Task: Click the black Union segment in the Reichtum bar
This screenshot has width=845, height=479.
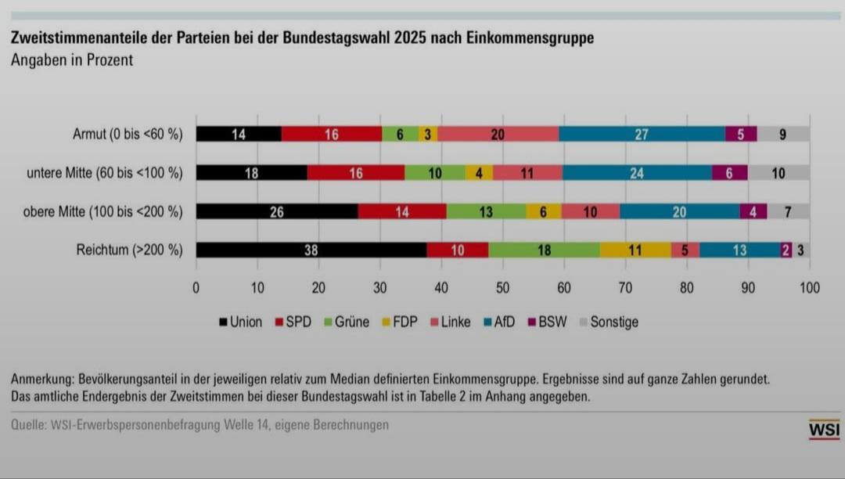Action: pos(311,250)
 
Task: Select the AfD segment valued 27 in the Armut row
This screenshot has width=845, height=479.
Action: pos(642,134)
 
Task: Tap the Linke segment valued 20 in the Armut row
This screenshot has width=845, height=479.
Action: pos(498,134)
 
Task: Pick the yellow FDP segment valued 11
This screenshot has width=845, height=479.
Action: pos(635,250)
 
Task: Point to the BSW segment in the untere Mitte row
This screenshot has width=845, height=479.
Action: pos(729,173)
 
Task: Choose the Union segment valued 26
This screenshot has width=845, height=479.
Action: pos(277,211)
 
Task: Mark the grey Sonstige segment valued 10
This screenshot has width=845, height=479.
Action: pos(778,173)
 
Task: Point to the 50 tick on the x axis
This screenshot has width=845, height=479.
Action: pos(502,287)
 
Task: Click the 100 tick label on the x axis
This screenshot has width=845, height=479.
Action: pos(809,287)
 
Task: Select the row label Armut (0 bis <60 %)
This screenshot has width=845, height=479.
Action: pos(128,134)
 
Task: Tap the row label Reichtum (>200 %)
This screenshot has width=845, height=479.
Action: pos(129,250)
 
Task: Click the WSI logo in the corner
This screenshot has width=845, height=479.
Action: pos(824,429)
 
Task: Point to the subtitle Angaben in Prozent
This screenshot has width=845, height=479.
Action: pos(72,60)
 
